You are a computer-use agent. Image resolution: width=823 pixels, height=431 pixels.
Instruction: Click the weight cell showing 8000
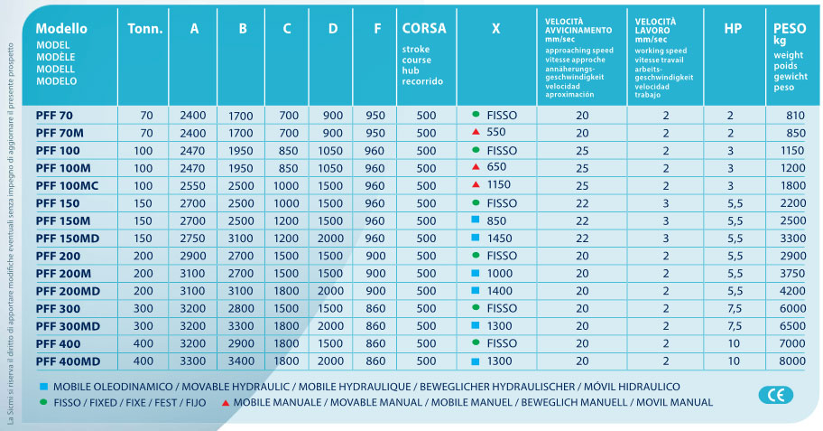pyautogui.click(x=791, y=361)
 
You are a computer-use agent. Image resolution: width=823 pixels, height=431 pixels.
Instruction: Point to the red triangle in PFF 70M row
pyautogui.click(x=475, y=132)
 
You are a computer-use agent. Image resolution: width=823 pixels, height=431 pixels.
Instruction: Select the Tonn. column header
pyautogui.click(x=144, y=29)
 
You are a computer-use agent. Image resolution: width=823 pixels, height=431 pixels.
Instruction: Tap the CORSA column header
pyautogui.click(x=424, y=29)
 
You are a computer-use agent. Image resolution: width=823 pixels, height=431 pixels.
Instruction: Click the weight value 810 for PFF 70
pyautogui.click(x=794, y=115)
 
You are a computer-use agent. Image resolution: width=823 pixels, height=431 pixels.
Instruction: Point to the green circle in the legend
pyautogui.click(x=43, y=402)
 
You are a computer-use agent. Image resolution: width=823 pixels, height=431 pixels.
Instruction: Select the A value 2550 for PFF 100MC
pyautogui.click(x=193, y=185)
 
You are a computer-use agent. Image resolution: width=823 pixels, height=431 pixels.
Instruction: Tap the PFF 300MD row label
pyautogui.click(x=65, y=326)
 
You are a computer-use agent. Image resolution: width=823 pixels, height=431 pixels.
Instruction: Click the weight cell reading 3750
pyautogui.click(x=791, y=273)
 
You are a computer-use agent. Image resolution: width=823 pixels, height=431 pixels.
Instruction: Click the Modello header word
pyautogui.click(x=61, y=28)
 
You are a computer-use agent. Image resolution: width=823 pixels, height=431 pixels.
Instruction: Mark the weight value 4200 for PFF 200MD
pyautogui.click(x=791, y=291)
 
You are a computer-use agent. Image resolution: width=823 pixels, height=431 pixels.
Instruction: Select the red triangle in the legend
pyautogui.click(x=226, y=402)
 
